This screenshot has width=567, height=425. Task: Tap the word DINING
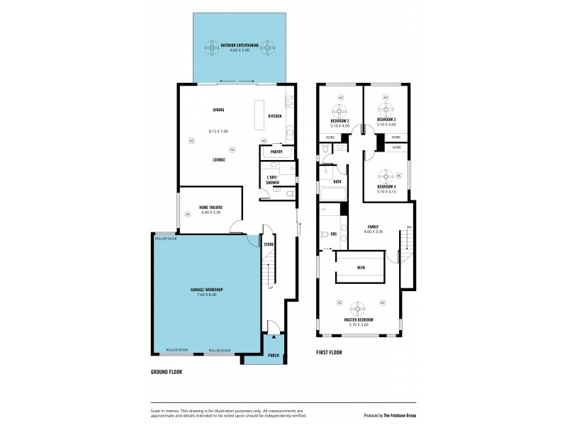coord(218,110)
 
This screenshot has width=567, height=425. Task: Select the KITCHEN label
coord(274,116)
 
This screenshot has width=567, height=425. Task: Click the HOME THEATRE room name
coord(210,207)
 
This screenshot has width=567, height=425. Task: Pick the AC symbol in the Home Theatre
coord(188,213)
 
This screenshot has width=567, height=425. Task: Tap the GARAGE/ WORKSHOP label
coord(206,289)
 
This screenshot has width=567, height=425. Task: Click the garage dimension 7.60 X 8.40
coord(206,294)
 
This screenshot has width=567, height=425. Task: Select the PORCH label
coord(273,356)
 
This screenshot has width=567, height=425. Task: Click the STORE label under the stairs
coord(269,244)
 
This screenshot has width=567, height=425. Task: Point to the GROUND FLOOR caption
coord(166,371)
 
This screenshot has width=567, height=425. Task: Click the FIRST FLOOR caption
coord(330,352)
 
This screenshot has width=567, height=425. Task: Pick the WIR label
coord(360,268)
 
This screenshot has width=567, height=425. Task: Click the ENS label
coord(333,234)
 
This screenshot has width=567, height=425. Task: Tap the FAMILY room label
coord(373,226)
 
